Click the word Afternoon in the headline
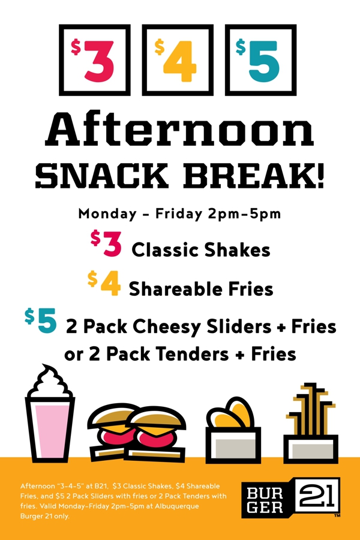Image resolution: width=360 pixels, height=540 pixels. point(179,131)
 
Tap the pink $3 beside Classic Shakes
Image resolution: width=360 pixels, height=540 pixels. point(106,245)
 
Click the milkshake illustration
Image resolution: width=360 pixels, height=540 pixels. point(50,420)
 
